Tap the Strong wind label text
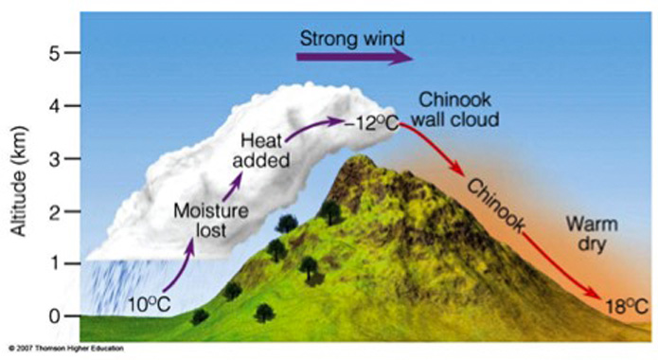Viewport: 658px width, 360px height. pyautogui.click(x=352, y=38)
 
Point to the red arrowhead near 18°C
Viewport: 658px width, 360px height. pyautogui.click(x=598, y=293)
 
